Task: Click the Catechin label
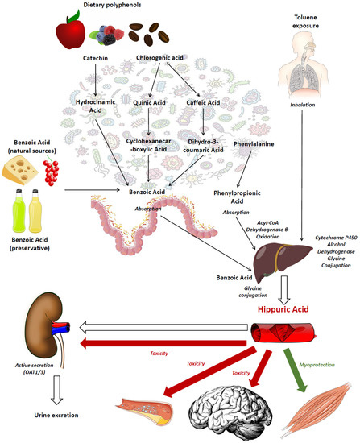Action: [96, 59]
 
